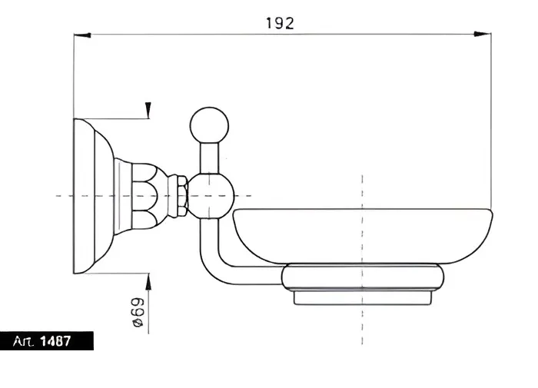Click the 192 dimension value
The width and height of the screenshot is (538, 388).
pos(280,23)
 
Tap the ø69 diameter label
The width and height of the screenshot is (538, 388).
pos(138,312)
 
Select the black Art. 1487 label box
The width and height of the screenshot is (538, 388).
pos(47,340)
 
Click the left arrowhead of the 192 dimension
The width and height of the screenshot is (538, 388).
pos(82,35)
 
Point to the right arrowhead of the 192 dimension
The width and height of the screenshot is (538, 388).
pos(482,34)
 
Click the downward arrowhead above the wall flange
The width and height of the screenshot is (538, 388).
pos(148,110)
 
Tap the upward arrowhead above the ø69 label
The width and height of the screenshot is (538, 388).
pos(148,282)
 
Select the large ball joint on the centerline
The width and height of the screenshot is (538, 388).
pos(211,196)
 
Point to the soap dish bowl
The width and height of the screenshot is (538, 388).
pos(363,236)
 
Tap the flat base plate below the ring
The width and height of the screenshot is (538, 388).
pos(363,298)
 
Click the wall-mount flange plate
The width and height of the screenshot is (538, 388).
pos(93,196)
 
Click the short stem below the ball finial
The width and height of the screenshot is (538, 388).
pos(209,158)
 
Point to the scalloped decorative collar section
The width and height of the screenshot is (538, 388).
pos(145,196)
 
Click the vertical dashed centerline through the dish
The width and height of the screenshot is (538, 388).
pos(362,260)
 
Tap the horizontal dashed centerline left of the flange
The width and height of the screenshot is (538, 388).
pos(65,196)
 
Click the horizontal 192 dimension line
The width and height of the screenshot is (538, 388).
pos(282,35)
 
